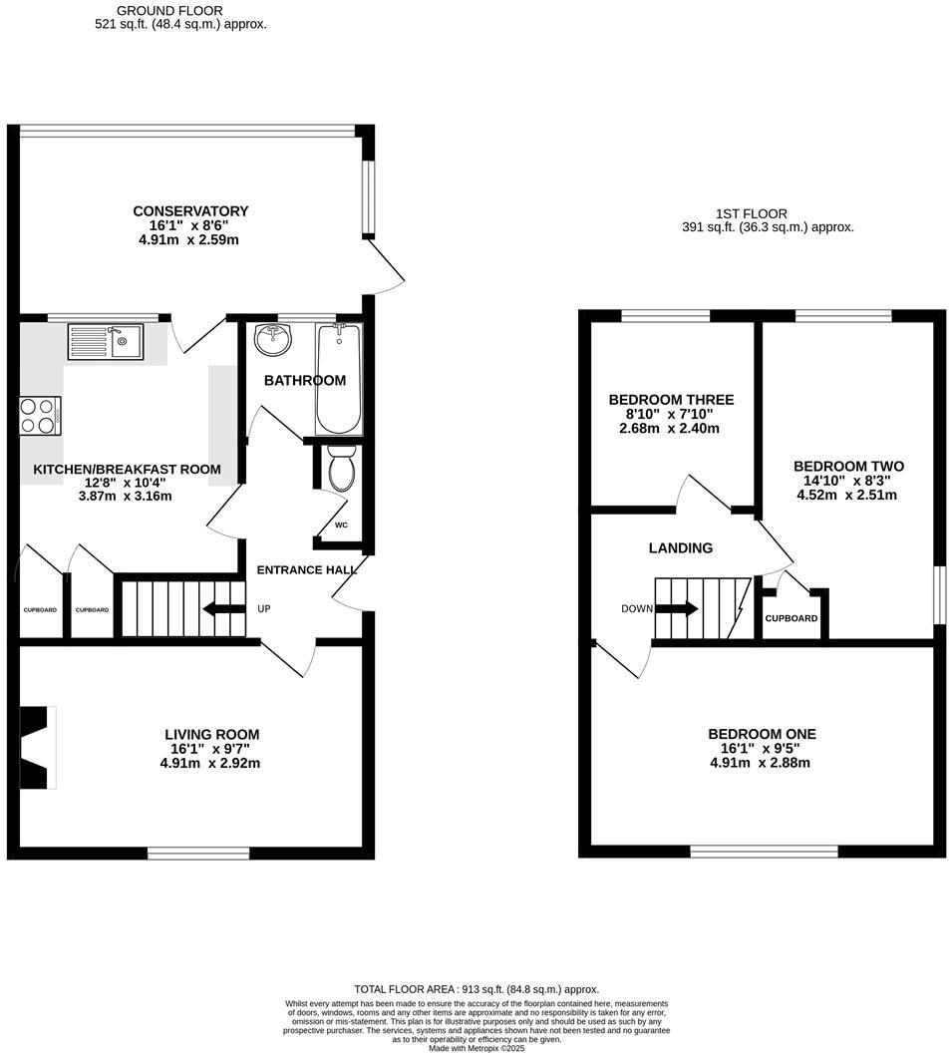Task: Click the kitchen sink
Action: [105, 342]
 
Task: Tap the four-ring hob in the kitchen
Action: [40, 415]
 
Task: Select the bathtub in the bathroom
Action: [339, 378]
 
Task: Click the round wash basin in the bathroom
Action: [273, 340]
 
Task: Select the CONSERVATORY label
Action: [190, 211]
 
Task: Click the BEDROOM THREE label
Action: [671, 400]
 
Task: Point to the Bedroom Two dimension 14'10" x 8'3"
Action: [849, 480]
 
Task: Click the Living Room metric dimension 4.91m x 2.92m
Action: [210, 763]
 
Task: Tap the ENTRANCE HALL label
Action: [306, 569]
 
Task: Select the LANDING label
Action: [681, 547]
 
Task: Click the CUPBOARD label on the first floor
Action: [791, 618]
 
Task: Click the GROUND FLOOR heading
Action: [156, 11]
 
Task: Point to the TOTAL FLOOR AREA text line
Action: [474, 989]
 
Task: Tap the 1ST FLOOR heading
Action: [751, 213]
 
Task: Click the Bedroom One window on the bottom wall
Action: [765, 851]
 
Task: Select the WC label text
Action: [341, 525]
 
